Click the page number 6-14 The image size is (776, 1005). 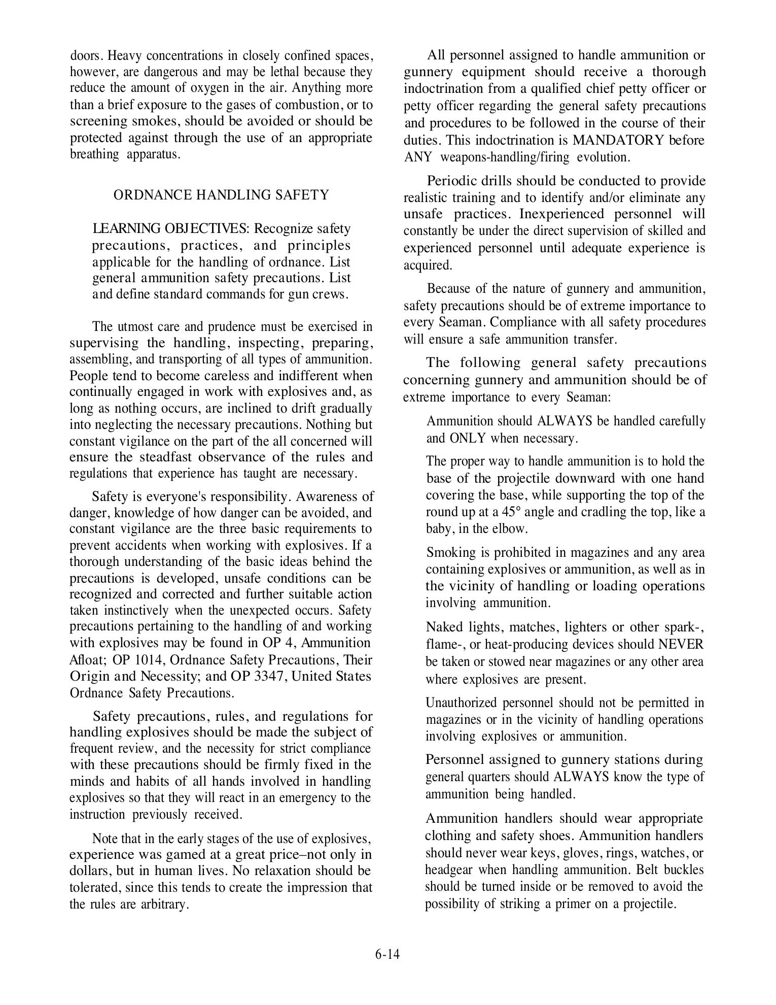point(387,954)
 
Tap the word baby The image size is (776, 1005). point(440,529)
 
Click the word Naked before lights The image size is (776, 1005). point(444,627)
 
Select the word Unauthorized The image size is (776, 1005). point(462,703)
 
